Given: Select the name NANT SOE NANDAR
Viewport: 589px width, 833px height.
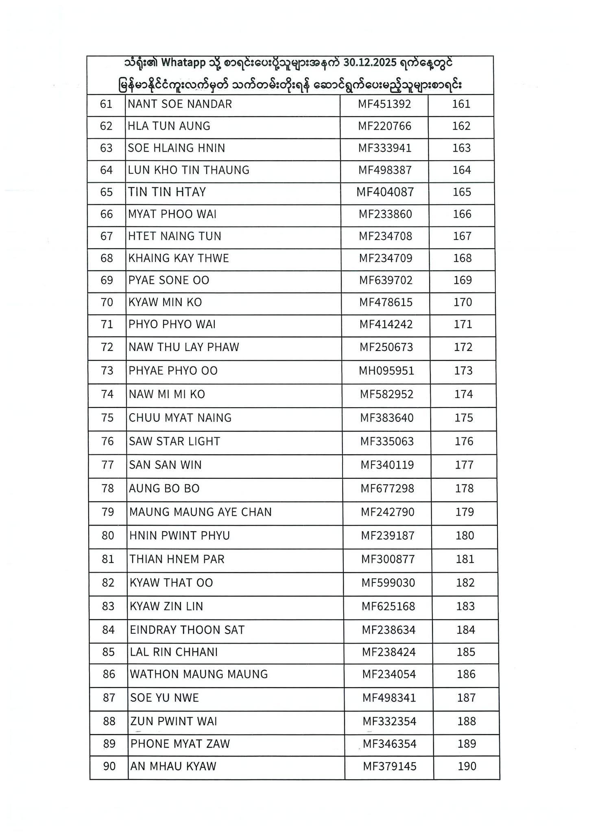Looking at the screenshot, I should click(x=180, y=104).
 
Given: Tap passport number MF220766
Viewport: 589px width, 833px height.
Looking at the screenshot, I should click(x=384, y=126).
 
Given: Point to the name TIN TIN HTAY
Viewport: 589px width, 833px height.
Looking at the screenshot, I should click(x=167, y=192).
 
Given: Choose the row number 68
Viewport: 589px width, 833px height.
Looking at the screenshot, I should click(x=107, y=258).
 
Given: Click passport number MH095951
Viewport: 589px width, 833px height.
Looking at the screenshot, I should click(x=386, y=371).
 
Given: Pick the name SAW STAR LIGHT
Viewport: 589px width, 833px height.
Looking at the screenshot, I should click(x=175, y=441).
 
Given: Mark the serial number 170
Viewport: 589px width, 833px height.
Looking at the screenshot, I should click(x=463, y=302).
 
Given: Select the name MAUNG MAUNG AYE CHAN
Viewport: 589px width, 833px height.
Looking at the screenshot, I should click(x=201, y=512).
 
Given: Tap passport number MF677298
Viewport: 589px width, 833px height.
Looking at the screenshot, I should click(x=387, y=488).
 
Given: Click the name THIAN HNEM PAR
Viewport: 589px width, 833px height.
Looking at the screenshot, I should click(x=177, y=559).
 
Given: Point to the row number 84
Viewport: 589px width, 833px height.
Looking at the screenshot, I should click(x=108, y=630).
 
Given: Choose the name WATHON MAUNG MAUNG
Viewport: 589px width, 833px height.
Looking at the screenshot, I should click(x=199, y=674).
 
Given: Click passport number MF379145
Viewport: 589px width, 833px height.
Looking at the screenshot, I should click(x=390, y=766).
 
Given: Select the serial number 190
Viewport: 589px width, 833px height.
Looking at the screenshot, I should click(x=467, y=766).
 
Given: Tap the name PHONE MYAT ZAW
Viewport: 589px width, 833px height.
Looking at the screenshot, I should click(x=180, y=744).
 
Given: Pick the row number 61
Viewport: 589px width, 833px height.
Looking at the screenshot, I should click(x=106, y=104).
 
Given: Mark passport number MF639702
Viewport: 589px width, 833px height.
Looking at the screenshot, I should click(x=386, y=280).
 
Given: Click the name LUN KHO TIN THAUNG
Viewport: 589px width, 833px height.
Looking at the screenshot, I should click(x=189, y=170).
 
